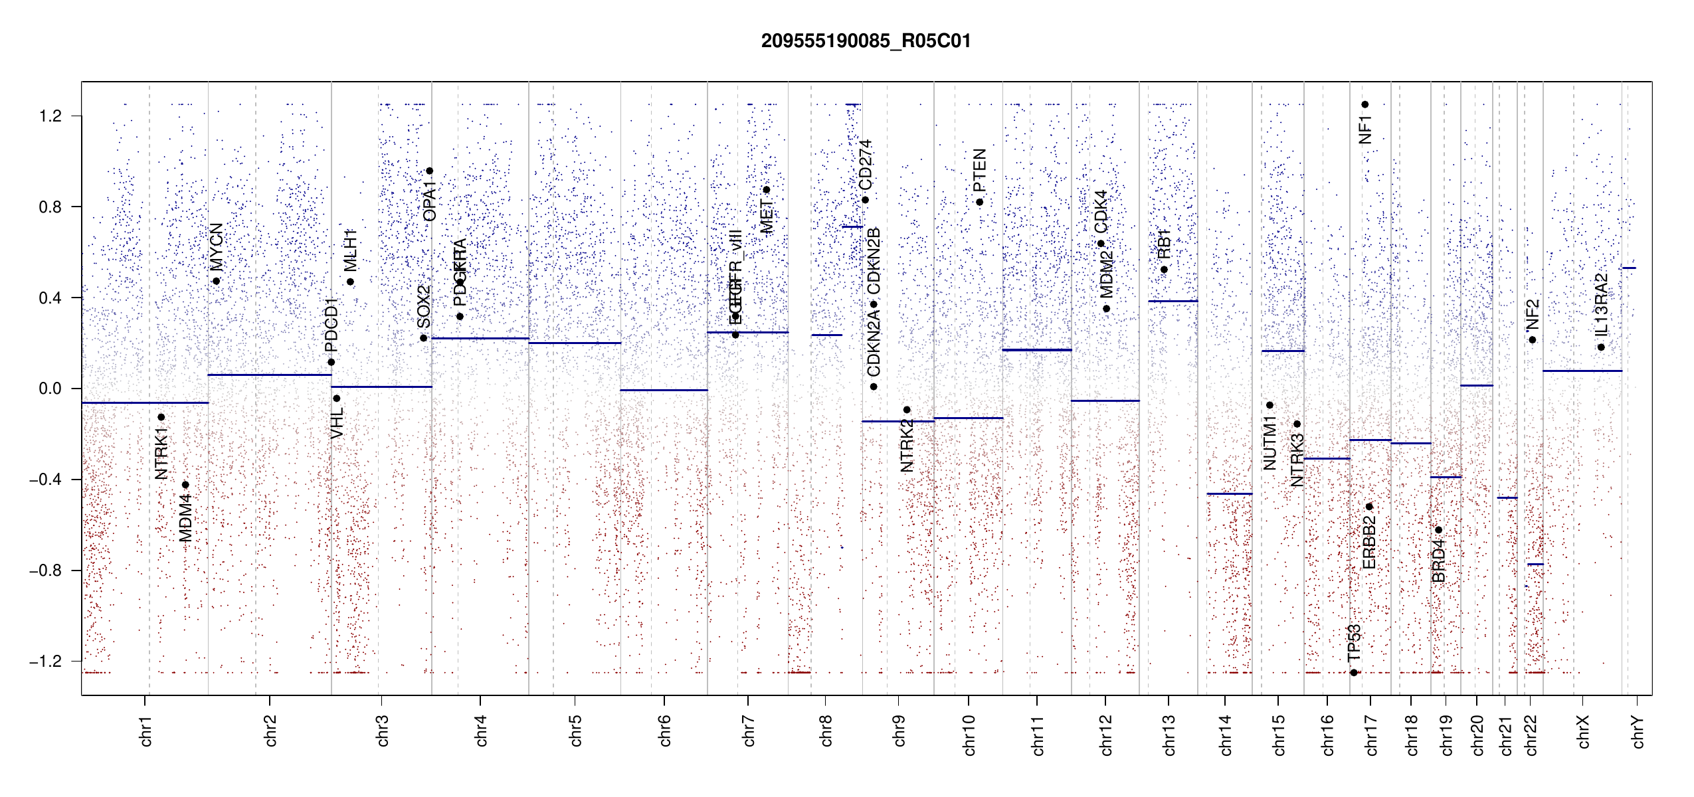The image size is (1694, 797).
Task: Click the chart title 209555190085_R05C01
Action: pos(866,41)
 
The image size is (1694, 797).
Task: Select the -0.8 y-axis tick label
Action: pos(45,571)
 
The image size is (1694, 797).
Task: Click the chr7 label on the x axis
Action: pos(749,731)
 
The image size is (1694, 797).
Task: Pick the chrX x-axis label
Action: pos(1583,731)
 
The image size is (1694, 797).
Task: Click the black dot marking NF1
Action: pos(1365,104)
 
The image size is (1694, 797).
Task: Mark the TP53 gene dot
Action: pos(1354,673)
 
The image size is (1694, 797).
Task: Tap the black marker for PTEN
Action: pos(979,202)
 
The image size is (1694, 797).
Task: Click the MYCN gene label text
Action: pos(217,247)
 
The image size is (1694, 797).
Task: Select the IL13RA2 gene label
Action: pos(1602,305)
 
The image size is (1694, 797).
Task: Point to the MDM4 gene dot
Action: pos(185,485)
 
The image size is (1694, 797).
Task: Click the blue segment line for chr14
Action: pos(1229,494)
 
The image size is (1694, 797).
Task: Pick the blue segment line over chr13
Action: pos(1173,302)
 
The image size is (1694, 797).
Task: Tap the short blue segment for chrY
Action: pos(1629,268)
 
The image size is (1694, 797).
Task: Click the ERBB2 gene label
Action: pos(1369,542)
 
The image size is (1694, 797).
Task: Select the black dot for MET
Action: pos(766,190)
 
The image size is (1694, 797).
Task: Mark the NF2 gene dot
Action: pos(1532,340)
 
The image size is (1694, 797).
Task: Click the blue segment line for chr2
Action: pos(269,375)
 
